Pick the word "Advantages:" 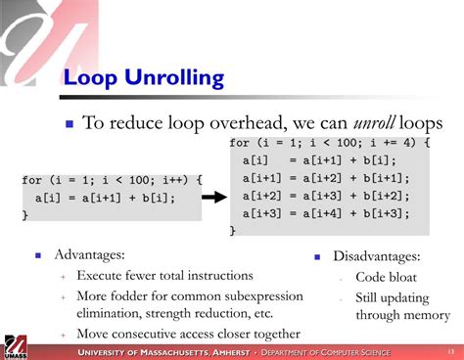[x=89, y=254]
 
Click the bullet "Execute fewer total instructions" [x=164, y=276]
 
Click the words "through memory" [x=402, y=315]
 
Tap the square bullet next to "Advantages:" [x=37, y=255]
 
